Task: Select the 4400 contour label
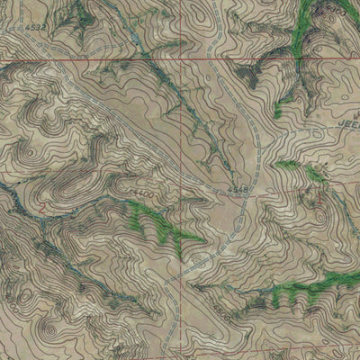coord(140,193)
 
